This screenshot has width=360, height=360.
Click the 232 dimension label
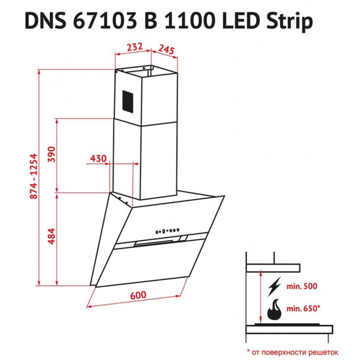[135, 47]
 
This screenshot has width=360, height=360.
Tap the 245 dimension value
[167, 49]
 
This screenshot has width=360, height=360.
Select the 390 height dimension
[51, 154]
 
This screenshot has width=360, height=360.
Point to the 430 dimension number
[98, 158]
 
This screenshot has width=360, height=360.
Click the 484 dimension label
[51, 236]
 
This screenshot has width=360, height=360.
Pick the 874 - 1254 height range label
[33, 176]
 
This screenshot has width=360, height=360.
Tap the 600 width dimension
[138, 295]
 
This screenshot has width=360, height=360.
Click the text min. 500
[302, 286]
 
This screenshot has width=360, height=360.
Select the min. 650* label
[303, 309]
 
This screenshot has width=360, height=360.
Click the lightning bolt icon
[274, 286]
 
